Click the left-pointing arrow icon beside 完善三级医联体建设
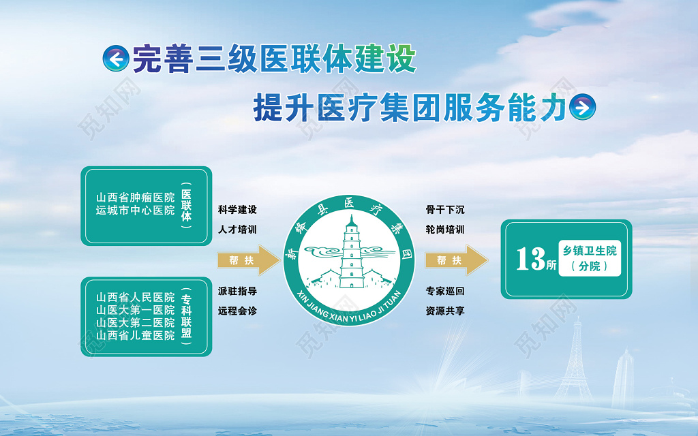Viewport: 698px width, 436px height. pyautogui.click(x=116, y=59)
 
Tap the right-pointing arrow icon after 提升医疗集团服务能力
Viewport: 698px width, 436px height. pyautogui.click(x=582, y=106)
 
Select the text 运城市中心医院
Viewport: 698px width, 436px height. pyautogui.click(x=136, y=211)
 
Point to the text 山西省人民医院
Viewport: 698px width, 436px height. pyautogui.click(x=136, y=298)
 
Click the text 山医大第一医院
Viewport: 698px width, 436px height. pyautogui.click(x=136, y=310)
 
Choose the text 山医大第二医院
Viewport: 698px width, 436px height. pyautogui.click(x=136, y=322)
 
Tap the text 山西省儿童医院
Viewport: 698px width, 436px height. pyautogui.click(x=136, y=335)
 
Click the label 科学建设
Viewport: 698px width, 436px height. pyautogui.click(x=237, y=210)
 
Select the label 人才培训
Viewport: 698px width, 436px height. pyautogui.click(x=237, y=230)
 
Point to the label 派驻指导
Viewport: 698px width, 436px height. pyautogui.click(x=237, y=291)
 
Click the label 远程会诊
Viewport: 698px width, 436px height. pyautogui.click(x=237, y=311)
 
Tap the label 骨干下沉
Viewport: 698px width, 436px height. pyautogui.click(x=445, y=210)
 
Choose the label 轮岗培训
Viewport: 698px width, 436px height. pyautogui.click(x=445, y=230)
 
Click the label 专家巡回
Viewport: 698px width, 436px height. pyautogui.click(x=445, y=291)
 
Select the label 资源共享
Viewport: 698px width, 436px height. pyautogui.click(x=445, y=311)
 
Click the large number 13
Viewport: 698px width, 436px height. pyautogui.click(x=530, y=259)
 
